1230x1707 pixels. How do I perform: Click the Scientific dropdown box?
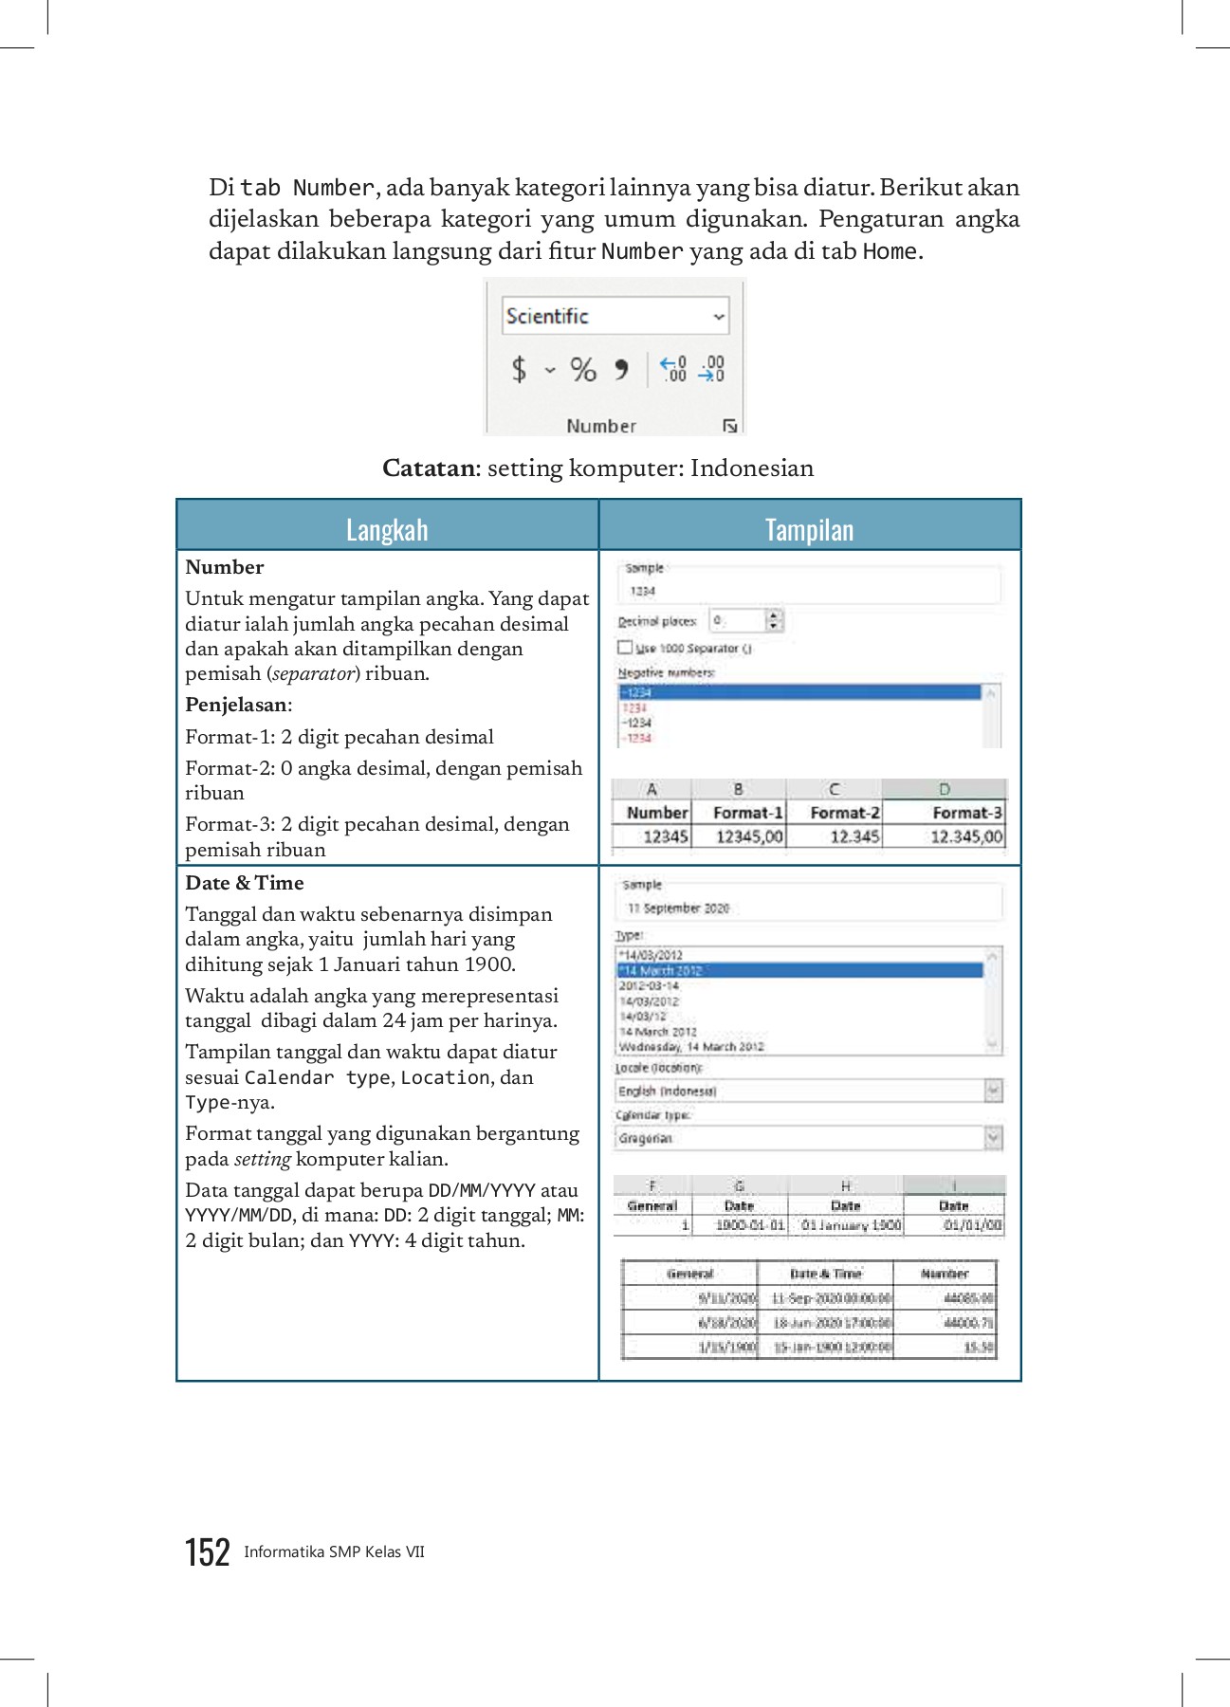[x=615, y=316]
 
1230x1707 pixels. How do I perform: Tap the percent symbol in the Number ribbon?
[x=583, y=369]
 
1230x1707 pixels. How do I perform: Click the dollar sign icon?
[x=519, y=369]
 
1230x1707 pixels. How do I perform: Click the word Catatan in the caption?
[x=429, y=468]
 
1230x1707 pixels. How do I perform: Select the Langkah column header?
[x=387, y=529]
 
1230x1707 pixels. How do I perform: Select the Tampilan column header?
[x=809, y=529]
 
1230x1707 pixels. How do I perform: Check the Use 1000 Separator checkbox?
[x=625, y=648]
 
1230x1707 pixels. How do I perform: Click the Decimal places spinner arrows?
[x=774, y=620]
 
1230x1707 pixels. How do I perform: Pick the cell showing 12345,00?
[x=748, y=836]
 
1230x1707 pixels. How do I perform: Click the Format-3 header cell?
[x=965, y=813]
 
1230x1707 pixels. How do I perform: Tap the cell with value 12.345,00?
[x=965, y=836]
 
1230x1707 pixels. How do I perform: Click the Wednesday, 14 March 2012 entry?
[x=691, y=1047]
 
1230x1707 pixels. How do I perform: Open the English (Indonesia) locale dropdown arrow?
[x=993, y=1091]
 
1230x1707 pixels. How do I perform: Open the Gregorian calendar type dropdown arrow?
[x=993, y=1137]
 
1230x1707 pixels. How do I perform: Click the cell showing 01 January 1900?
[x=850, y=1225]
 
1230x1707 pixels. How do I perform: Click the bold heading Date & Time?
[x=245, y=883]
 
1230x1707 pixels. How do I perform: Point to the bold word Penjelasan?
[x=237, y=705]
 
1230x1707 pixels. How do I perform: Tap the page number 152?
[x=207, y=1552]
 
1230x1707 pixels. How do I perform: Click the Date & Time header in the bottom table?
[x=825, y=1274]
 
